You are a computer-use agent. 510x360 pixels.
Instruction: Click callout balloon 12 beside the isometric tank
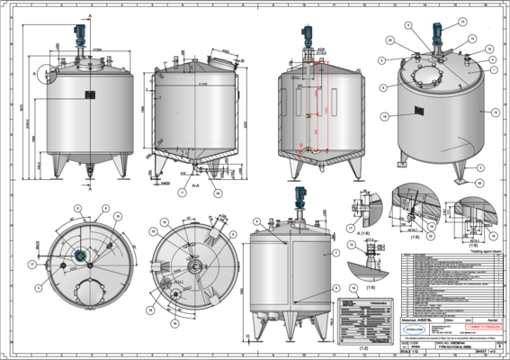pyautogui.click(x=496, y=113)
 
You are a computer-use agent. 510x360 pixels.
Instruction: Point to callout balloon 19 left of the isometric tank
pyautogui.click(x=385, y=117)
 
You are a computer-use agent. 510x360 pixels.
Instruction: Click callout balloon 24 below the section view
pyautogui.click(x=217, y=192)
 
